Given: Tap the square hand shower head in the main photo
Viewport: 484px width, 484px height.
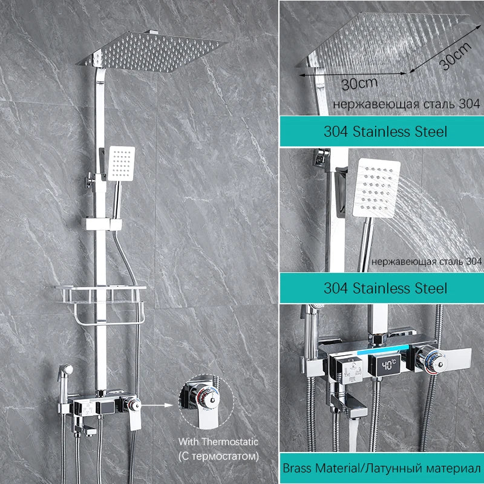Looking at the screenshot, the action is [x=122, y=163].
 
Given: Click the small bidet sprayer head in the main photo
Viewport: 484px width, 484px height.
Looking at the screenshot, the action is [x=65, y=370].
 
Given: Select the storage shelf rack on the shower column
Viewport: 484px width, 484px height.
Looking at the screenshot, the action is [x=100, y=305].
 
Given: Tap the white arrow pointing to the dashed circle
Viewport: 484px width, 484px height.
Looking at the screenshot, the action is [x=157, y=405].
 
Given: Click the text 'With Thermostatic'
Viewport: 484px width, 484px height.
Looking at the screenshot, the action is [x=218, y=442].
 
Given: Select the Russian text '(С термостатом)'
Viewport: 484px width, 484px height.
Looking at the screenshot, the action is [x=218, y=456].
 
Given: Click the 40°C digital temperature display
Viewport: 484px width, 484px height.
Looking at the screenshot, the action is [x=388, y=365].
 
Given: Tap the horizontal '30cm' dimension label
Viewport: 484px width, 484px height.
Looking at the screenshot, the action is [x=360, y=83].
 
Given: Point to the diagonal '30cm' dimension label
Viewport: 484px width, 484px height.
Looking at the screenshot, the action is [x=455, y=56].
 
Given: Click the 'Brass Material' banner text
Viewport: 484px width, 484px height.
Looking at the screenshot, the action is [x=382, y=468].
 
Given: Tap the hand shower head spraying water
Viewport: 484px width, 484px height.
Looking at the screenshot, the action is [x=376, y=188].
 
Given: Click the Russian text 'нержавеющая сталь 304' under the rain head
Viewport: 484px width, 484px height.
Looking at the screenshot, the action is [x=407, y=104].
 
